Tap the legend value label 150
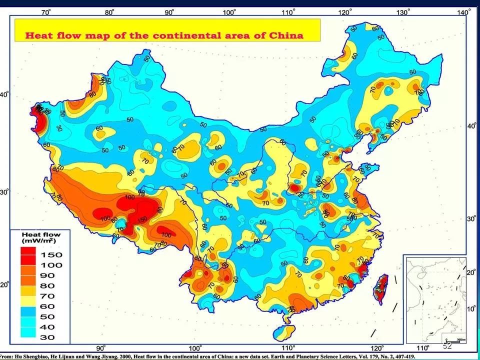coord(51,254)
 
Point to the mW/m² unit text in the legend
coord(40,240)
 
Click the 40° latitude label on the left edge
coord(4,95)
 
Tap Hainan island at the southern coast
coord(286,332)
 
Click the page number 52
coord(447,345)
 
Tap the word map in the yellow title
coord(100,35)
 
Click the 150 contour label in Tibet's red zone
coord(142,219)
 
